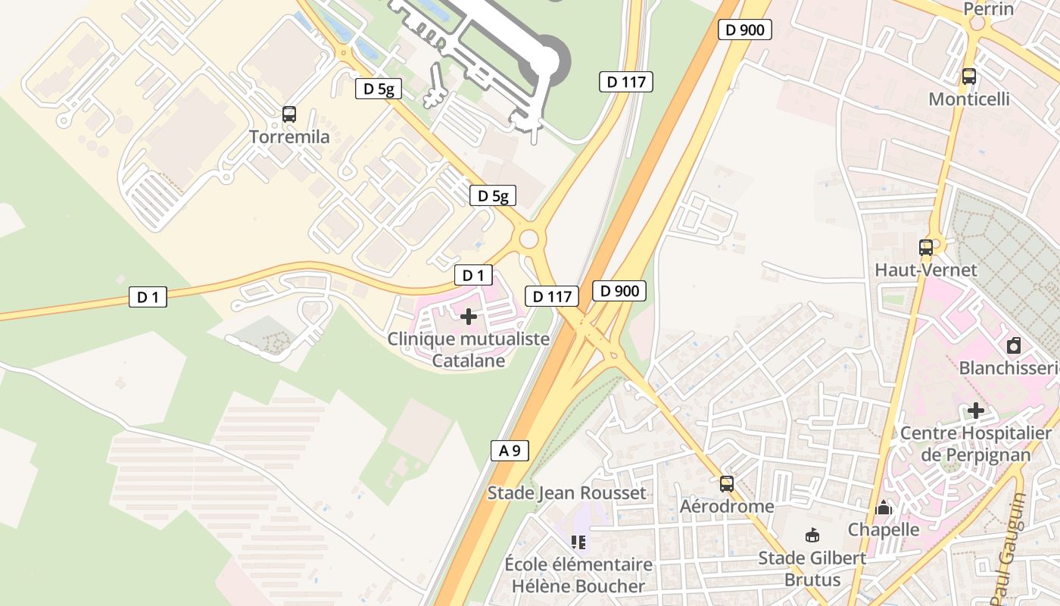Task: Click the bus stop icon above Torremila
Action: (x=288, y=114)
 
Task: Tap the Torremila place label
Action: (x=290, y=137)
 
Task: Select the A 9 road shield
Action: (x=510, y=451)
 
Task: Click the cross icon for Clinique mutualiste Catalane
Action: (x=469, y=316)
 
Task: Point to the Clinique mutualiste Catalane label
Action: (x=469, y=349)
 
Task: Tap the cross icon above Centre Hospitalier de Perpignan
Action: (x=976, y=411)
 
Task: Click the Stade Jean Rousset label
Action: (x=566, y=493)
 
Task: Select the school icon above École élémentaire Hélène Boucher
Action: (x=578, y=542)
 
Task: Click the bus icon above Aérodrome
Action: (x=727, y=483)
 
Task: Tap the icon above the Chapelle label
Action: (x=883, y=508)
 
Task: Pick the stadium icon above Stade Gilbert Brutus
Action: (x=812, y=536)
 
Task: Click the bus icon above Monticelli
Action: (x=968, y=77)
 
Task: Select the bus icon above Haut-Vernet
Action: (x=925, y=247)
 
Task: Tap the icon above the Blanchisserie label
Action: (x=1014, y=346)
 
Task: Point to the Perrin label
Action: (x=988, y=9)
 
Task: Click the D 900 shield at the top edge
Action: (x=745, y=30)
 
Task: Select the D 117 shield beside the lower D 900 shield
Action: (x=552, y=296)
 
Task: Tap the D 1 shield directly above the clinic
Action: (x=473, y=275)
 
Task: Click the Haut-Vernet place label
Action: (x=926, y=270)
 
